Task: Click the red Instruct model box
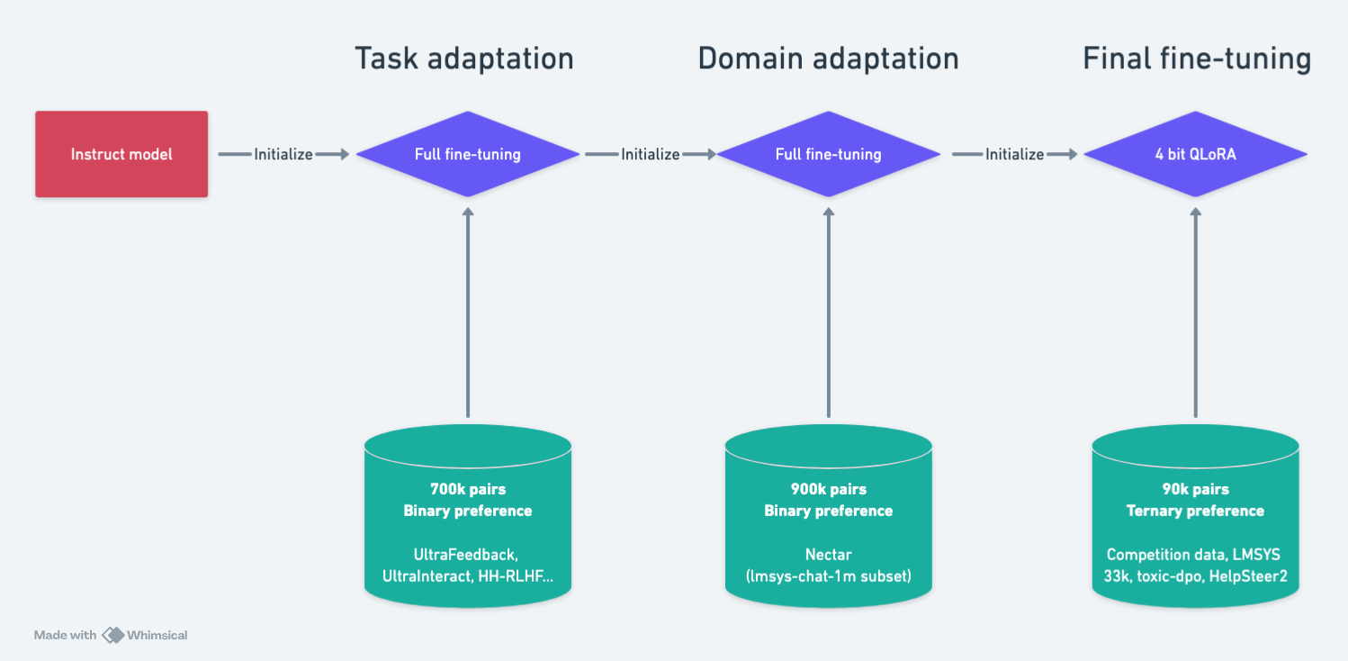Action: [x=121, y=154]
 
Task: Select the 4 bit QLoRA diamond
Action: [x=1195, y=154]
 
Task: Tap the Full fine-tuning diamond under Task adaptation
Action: [x=468, y=154]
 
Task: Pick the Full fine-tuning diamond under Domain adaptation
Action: [x=828, y=154]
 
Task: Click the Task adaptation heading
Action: [x=464, y=59]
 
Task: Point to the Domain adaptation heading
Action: [x=828, y=59]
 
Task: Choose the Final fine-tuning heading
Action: [x=1197, y=59]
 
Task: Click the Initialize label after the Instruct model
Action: [x=283, y=155]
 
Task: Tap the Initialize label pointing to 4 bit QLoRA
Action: [x=1015, y=155]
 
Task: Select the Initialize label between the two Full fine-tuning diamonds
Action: [x=651, y=155]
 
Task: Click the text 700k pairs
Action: [x=468, y=489]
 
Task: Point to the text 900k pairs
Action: [x=829, y=489]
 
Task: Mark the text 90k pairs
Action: [x=1196, y=489]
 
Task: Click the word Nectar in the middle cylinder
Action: [x=829, y=555]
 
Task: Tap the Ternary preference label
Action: [x=1195, y=512]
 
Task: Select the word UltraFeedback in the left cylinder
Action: [x=466, y=555]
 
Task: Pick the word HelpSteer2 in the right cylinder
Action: [x=1248, y=576]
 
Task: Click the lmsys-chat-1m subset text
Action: [x=829, y=576]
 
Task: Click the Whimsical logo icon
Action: [x=113, y=635]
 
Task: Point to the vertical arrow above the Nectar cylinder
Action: [x=829, y=312]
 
